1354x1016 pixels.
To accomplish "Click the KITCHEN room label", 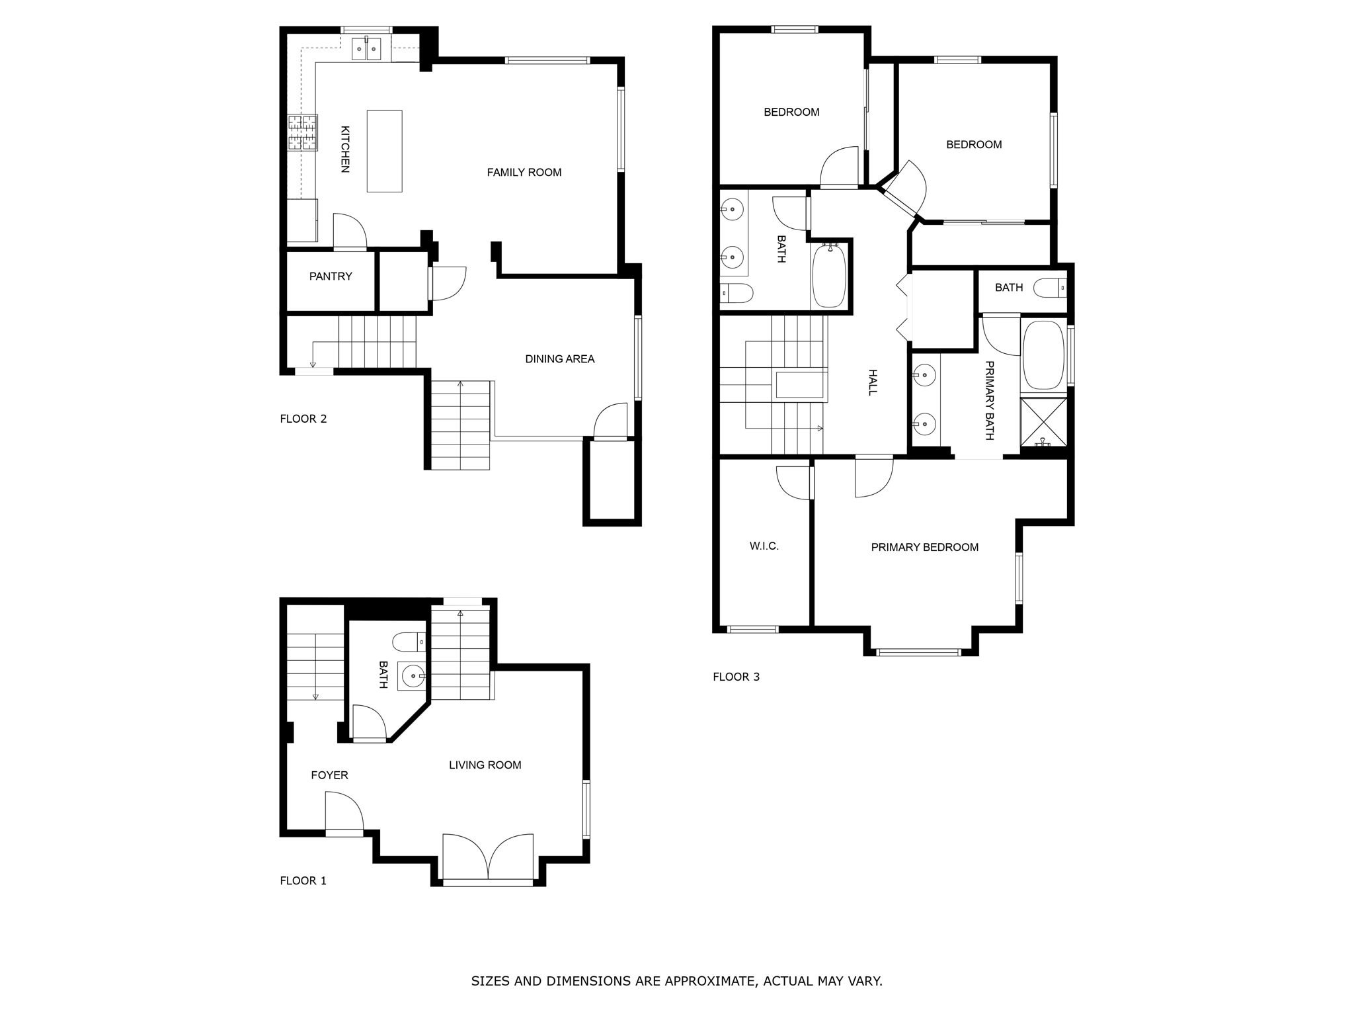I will click(x=344, y=149).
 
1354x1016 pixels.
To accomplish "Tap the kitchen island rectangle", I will click(x=384, y=151).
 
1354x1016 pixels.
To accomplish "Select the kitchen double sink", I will click(x=366, y=49).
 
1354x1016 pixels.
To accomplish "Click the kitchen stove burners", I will click(x=302, y=132).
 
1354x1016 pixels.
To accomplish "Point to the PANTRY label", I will click(x=331, y=276).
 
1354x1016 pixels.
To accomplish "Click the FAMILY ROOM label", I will click(x=524, y=173).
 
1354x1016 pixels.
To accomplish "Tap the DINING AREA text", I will click(x=559, y=359).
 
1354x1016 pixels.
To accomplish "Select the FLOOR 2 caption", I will click(x=303, y=419).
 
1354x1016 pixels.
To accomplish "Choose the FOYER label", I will click(x=329, y=775).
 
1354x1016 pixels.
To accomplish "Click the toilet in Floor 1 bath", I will click(x=409, y=642).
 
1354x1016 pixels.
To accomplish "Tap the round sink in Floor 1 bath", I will click(x=413, y=676).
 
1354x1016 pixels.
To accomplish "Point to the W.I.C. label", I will click(x=764, y=546).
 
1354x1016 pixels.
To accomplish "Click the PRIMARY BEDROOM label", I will click(x=924, y=548).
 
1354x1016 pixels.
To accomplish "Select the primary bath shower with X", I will click(x=1043, y=421).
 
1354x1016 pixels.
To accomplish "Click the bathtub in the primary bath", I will click(x=1043, y=355).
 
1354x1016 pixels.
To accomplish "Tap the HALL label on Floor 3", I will click(x=872, y=382).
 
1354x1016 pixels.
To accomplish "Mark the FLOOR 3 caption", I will click(x=736, y=677).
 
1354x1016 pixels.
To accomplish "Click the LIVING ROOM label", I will click(x=485, y=765).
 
